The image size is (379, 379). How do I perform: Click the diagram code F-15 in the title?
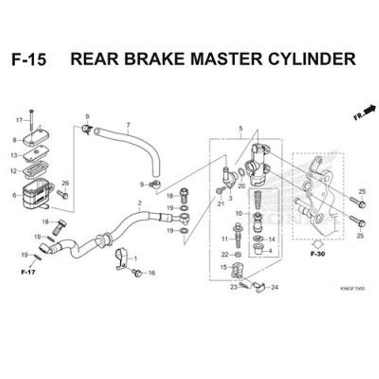(x=29, y=59)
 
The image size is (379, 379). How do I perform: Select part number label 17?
(x=20, y=120)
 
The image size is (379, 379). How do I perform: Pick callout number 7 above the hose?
(x=128, y=125)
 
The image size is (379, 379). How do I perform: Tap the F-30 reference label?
(x=317, y=253)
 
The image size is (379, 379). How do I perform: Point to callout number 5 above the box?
(x=241, y=128)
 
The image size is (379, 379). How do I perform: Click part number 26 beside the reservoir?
(x=65, y=183)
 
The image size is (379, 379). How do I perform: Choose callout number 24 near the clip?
(x=274, y=288)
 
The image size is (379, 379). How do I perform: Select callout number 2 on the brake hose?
(x=139, y=204)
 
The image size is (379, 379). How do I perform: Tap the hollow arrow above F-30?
(x=317, y=242)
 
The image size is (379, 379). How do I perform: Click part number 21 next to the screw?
(x=220, y=204)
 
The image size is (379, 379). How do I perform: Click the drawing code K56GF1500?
(x=353, y=288)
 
